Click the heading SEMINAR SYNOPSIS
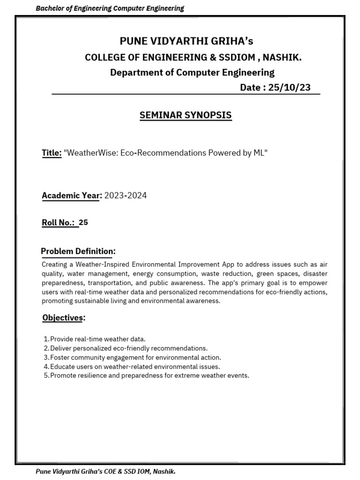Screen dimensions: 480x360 (186, 115)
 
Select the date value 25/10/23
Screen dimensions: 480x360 (289, 88)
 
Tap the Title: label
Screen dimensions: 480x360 (52, 153)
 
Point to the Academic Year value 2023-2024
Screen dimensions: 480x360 (125, 195)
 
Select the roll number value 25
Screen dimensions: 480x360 (83, 223)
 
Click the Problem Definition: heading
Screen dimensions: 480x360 (78, 251)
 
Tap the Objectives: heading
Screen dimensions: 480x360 (64, 318)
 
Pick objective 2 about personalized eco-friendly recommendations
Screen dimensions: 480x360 (128, 348)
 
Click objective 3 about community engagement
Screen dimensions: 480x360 (128, 357)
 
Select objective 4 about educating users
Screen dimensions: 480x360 (135, 367)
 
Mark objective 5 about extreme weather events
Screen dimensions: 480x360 (150, 375)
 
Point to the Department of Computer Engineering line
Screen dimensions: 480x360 (192, 72)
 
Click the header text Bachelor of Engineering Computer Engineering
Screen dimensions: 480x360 (110, 8)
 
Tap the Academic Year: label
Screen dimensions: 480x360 (72, 195)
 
